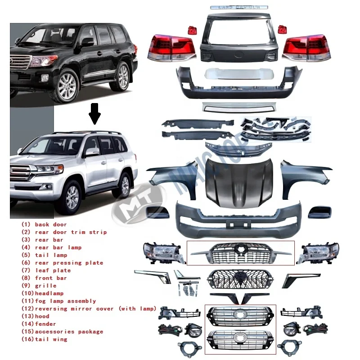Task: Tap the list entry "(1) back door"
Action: (44, 224)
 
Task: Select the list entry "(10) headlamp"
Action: (43, 293)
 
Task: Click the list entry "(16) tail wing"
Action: (45, 339)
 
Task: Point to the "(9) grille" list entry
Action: (39, 285)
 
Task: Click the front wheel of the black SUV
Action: (65, 86)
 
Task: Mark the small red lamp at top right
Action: (283, 29)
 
